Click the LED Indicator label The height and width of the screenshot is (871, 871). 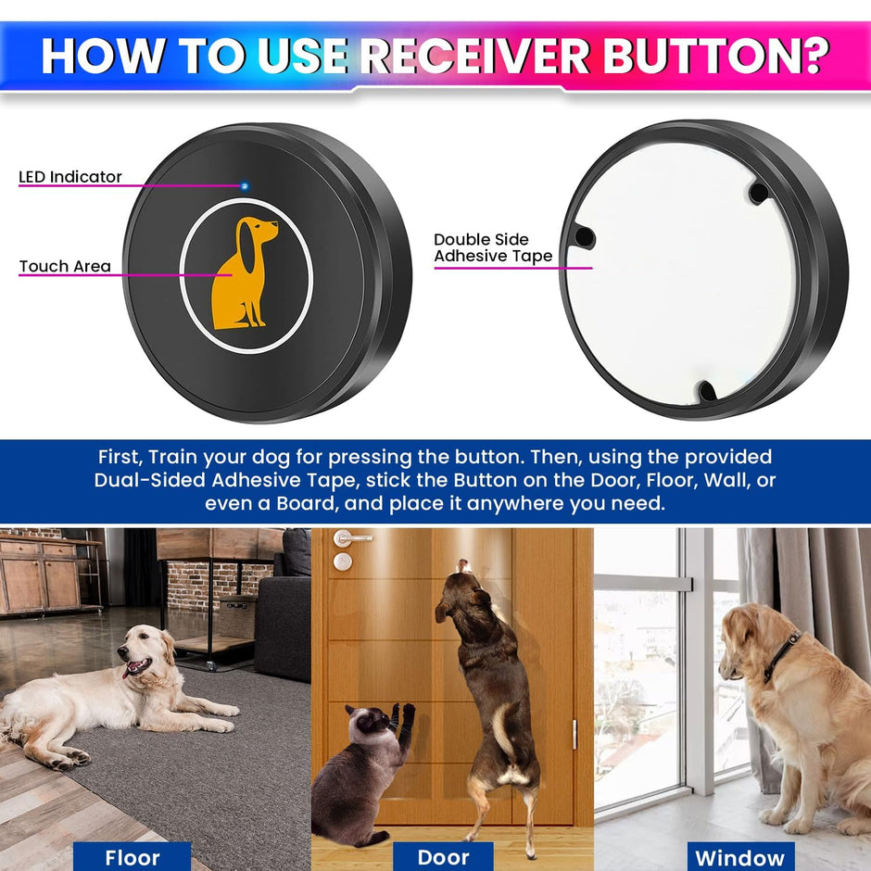[70, 177]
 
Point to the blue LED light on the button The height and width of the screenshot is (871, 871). [245, 185]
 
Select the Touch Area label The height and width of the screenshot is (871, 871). [65, 267]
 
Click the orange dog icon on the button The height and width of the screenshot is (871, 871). [245, 273]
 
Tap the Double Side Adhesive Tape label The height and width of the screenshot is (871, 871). [493, 248]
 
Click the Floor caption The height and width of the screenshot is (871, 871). [133, 857]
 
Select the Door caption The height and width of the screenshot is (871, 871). [444, 857]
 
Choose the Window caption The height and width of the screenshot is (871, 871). [739, 857]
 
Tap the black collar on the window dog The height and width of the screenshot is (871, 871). [784, 654]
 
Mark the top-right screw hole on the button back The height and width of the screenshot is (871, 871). [758, 193]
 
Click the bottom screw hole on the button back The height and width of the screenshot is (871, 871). [707, 392]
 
